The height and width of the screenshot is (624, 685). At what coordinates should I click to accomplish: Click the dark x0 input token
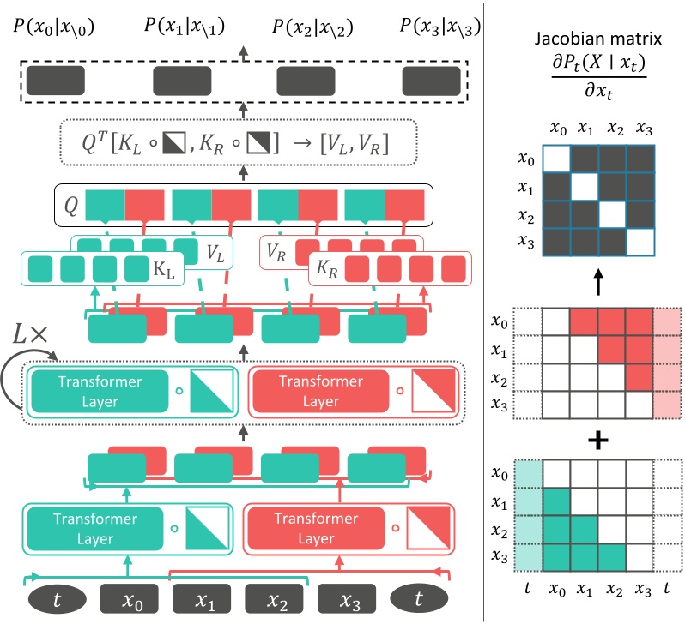(130, 598)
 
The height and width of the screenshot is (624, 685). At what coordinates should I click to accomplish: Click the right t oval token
(419, 598)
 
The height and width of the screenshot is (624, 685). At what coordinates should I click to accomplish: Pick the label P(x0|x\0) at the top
(54, 27)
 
